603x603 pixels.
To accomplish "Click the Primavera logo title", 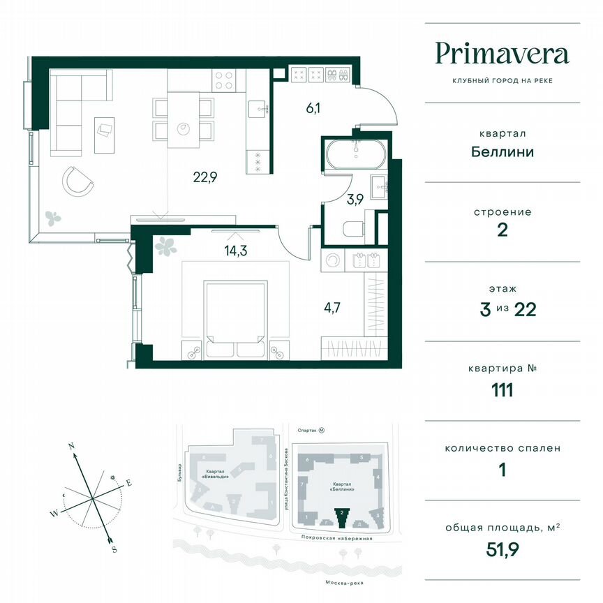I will coord(502,54).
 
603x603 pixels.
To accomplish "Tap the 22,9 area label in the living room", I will coord(205,177).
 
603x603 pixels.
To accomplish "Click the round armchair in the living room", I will coord(78,182).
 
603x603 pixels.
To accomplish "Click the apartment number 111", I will coord(502,389).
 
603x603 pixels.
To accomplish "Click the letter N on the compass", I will coord(70,445).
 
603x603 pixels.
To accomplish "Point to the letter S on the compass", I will coord(114,549).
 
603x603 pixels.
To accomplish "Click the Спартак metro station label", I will coord(303,431).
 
